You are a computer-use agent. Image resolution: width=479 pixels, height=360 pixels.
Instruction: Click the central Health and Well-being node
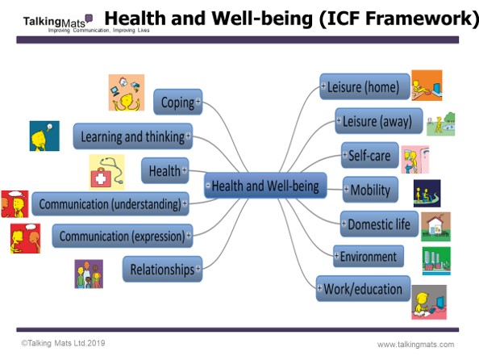(265, 186)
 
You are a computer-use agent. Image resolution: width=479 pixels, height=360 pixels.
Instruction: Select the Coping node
(177, 102)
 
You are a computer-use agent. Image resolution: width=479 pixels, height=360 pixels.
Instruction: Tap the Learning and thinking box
(133, 136)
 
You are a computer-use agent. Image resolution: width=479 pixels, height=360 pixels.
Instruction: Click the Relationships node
(162, 269)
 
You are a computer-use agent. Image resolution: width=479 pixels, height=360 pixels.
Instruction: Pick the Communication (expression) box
(123, 236)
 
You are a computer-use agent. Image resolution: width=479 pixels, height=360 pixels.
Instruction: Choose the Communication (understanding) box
(110, 203)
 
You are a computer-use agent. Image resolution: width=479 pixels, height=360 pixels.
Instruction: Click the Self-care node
(369, 155)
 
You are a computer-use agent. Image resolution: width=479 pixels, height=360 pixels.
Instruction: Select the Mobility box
(370, 190)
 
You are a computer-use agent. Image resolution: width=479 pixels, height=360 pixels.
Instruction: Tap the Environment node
(368, 256)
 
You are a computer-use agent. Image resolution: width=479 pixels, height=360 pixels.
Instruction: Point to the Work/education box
(363, 288)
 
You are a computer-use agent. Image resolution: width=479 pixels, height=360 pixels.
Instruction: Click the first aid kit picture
(106, 172)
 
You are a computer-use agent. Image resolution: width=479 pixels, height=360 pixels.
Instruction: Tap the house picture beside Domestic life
(435, 227)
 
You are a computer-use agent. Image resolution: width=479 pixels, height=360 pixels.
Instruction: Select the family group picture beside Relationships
(89, 274)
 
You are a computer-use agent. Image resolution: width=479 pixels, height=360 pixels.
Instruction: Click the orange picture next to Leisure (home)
(427, 86)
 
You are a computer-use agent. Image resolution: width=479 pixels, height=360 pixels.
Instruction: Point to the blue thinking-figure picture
(44, 136)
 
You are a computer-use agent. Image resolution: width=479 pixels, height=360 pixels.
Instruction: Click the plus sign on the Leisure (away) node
(339, 120)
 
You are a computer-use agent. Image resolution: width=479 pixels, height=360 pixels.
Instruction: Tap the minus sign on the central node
(208, 185)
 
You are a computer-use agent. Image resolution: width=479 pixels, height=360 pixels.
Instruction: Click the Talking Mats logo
(58, 23)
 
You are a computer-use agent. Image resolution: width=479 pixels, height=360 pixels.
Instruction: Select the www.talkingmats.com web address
(416, 345)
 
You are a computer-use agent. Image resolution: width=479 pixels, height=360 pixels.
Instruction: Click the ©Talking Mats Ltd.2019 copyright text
(63, 343)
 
